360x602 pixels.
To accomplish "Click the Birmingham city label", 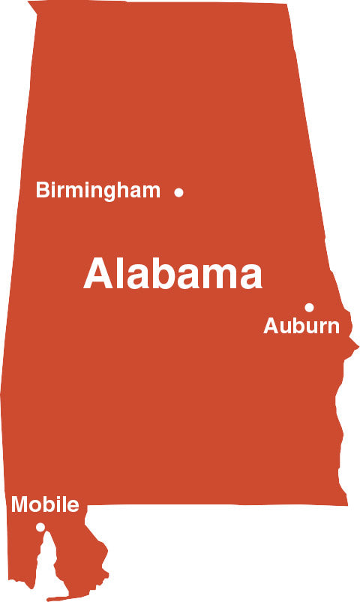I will (x=97, y=191).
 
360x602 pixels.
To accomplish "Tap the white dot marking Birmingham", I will (x=178, y=192).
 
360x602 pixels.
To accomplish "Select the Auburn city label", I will (x=301, y=327).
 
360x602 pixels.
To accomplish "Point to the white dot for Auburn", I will (x=309, y=307).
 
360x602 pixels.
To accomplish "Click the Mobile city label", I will (x=45, y=504).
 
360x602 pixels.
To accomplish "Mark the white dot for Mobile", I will (x=40, y=527).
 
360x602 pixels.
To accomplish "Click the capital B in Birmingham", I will (x=42, y=191).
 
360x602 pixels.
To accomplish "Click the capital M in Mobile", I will (x=19, y=504).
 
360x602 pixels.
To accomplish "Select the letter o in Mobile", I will (x=34, y=506).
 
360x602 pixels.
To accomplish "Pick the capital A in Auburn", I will (x=271, y=327).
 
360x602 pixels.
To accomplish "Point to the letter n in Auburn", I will (x=333, y=328).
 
